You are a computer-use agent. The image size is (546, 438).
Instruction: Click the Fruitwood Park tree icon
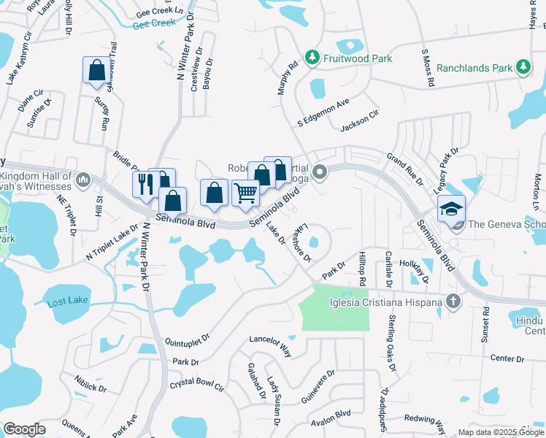pos(312,58)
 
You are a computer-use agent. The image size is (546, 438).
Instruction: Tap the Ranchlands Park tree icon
pos(523,68)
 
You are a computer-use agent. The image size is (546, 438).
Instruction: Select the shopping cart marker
pos(246,193)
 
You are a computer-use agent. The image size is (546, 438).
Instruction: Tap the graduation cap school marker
pos(451,208)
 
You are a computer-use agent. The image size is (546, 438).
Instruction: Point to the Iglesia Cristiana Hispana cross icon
pos(453,300)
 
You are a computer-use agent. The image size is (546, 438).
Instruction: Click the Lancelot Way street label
pos(269,343)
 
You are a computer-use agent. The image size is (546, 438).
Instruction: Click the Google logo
pos(24,429)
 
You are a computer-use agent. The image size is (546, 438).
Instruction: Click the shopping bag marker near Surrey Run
pos(96,71)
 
